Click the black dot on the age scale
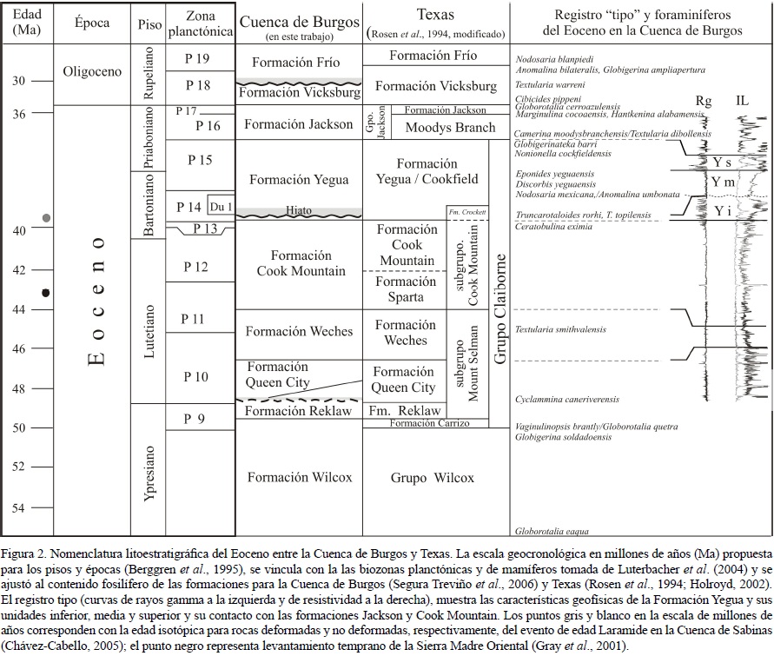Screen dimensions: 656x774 tap(46, 293)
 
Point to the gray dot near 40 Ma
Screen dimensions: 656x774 tap(46, 217)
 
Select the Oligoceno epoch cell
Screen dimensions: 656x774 tap(93, 72)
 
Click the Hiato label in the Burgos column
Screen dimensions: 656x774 tap(298, 209)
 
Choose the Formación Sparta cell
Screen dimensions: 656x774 tap(407, 289)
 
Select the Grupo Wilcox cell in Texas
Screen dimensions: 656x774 tap(431, 478)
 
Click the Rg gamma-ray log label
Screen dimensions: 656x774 tap(704, 102)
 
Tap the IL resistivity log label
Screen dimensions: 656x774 tap(741, 102)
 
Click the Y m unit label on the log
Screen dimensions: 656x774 tap(721, 182)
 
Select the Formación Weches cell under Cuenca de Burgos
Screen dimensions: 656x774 tap(299, 332)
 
